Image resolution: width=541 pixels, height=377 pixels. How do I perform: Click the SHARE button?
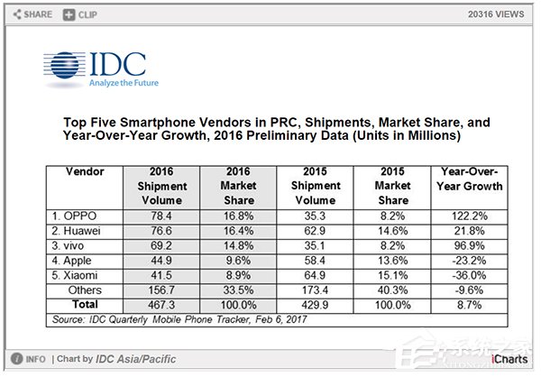(x=32, y=14)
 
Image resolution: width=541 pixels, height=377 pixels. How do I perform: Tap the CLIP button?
(x=80, y=14)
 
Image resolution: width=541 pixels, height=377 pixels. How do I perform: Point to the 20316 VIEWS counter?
(x=496, y=14)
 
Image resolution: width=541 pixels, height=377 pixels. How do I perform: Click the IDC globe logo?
(x=65, y=65)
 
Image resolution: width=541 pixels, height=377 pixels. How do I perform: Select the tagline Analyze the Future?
(x=124, y=83)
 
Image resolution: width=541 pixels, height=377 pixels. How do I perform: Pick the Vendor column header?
(x=85, y=171)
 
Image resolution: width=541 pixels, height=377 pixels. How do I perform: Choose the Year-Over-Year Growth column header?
(x=469, y=179)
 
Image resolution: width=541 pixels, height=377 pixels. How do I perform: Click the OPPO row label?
(x=74, y=216)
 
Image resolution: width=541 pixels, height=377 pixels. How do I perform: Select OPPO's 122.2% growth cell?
(x=469, y=216)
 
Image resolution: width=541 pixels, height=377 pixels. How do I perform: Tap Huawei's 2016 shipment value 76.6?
(x=161, y=231)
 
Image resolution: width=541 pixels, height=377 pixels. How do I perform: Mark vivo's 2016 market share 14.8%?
(x=238, y=246)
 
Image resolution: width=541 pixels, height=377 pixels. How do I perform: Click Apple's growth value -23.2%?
(x=469, y=261)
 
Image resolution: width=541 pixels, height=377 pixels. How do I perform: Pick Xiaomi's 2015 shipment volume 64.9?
(x=315, y=275)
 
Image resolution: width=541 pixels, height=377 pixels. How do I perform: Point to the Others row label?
(x=85, y=290)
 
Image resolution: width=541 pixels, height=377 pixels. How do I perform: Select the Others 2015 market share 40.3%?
(x=392, y=290)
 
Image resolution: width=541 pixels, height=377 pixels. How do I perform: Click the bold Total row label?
(x=85, y=305)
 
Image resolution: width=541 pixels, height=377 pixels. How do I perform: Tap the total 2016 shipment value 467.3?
(x=161, y=305)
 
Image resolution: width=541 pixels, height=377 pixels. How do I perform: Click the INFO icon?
(x=16, y=359)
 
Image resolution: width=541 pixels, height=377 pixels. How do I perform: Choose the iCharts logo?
(x=509, y=359)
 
